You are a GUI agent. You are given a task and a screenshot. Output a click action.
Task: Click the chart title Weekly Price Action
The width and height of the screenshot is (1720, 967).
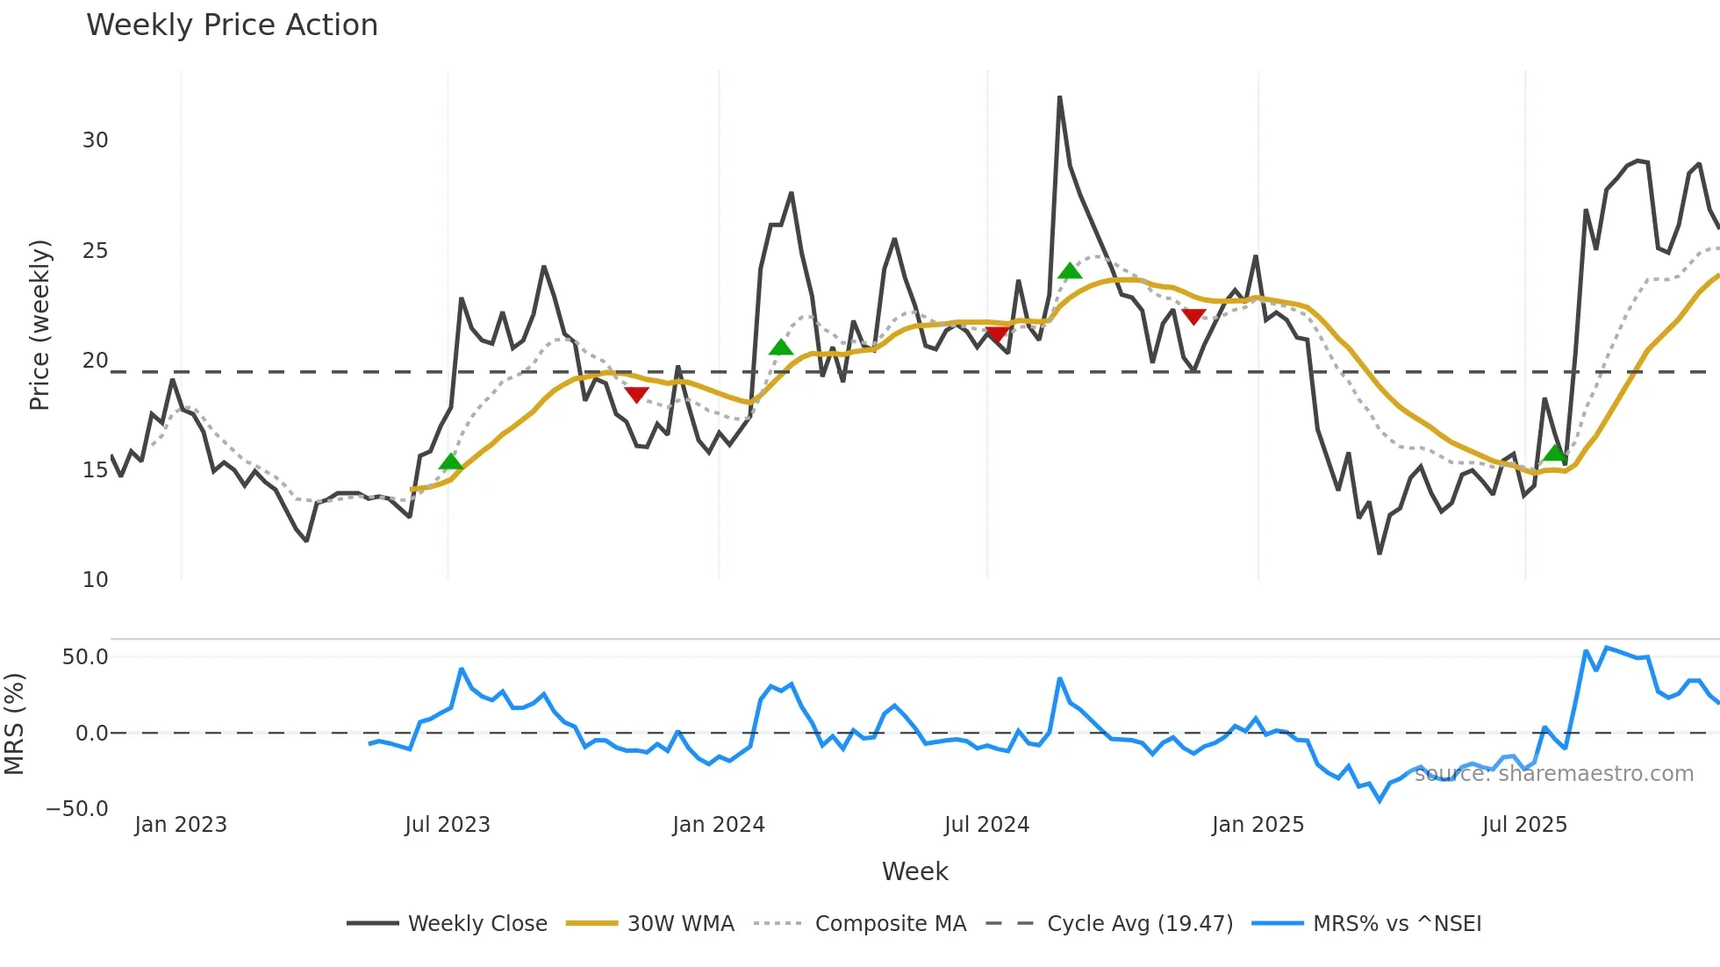pyautogui.click(x=232, y=25)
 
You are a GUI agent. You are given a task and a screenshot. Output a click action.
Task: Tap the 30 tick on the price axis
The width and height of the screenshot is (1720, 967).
pyautogui.click(x=95, y=140)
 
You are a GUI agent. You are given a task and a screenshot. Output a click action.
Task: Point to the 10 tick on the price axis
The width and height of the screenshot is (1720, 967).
pyautogui.click(x=95, y=579)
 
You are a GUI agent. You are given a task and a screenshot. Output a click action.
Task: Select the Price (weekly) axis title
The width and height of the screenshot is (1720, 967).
pyautogui.click(x=39, y=325)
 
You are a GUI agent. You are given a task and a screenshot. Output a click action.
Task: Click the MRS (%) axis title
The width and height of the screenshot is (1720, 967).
pyautogui.click(x=14, y=724)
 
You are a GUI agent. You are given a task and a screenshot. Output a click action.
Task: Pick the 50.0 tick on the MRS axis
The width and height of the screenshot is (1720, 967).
pyautogui.click(x=85, y=657)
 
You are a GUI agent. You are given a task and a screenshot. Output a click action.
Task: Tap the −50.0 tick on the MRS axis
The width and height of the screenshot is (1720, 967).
pyautogui.click(x=77, y=808)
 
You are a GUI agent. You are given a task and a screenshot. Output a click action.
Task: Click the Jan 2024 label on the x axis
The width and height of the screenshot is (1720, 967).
pyautogui.click(x=718, y=825)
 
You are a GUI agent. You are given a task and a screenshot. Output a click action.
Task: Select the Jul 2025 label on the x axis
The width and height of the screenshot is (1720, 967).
pyautogui.click(x=1524, y=825)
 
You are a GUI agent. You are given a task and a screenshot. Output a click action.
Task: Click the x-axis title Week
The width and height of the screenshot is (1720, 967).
pyautogui.click(x=914, y=871)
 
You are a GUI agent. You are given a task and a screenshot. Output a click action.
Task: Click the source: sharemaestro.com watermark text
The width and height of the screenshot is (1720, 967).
pyautogui.click(x=1553, y=774)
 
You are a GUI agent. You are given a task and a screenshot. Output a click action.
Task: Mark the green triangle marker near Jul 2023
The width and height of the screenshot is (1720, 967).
pyautogui.click(x=450, y=462)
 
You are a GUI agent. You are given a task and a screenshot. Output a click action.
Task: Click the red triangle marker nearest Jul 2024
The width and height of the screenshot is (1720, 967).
pyautogui.click(x=997, y=334)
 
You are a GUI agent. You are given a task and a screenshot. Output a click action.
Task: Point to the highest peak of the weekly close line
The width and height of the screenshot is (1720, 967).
pyautogui.click(x=1059, y=97)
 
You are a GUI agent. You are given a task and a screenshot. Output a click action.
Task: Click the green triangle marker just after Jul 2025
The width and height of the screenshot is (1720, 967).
pyautogui.click(x=1555, y=453)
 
